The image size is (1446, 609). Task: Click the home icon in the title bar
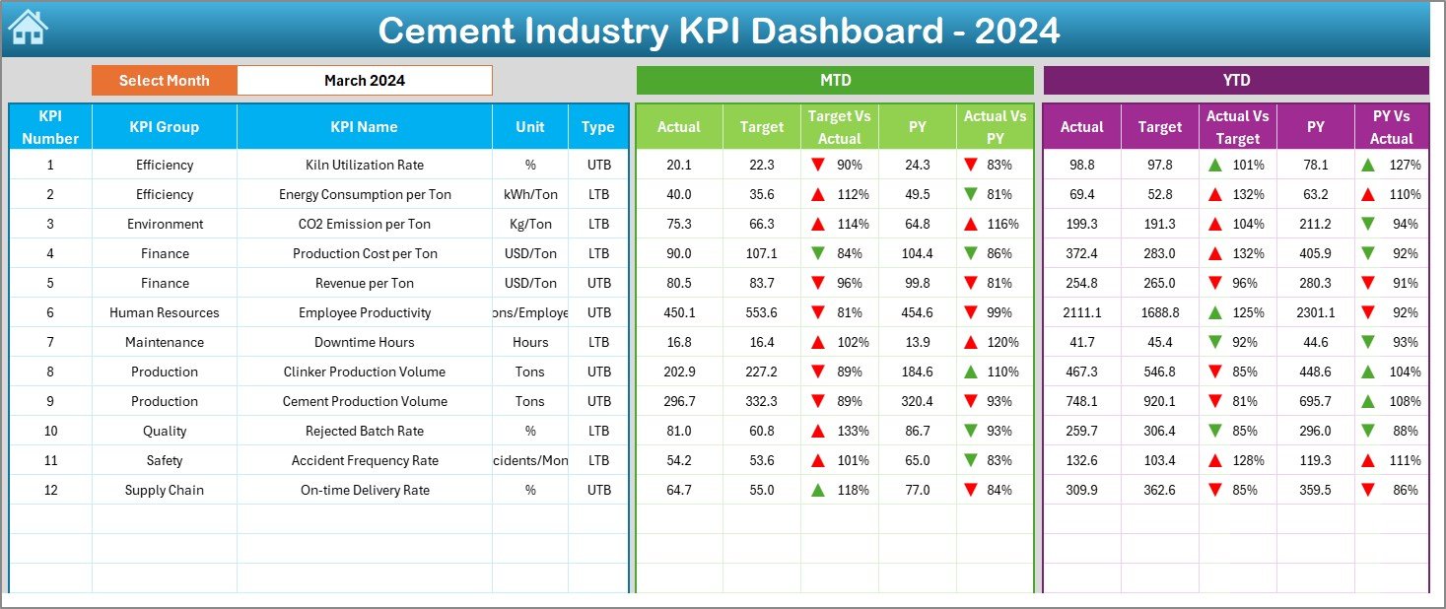point(28,28)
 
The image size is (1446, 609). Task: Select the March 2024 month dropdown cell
point(365,81)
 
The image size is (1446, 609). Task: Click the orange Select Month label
point(164,81)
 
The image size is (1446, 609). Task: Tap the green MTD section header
point(835,81)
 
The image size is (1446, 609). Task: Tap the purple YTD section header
point(1236,81)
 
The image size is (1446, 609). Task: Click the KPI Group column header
point(164,127)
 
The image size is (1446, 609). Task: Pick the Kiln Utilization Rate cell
point(365,165)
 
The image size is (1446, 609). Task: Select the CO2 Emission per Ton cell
point(365,224)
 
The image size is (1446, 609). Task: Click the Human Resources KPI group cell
point(164,312)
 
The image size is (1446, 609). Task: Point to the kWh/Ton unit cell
point(530,194)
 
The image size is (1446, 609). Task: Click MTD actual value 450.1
point(679,312)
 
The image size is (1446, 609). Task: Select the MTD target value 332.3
point(761,401)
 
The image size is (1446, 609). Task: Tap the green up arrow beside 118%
point(817,490)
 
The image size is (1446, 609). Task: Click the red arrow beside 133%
point(817,431)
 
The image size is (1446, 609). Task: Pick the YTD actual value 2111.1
point(1081,312)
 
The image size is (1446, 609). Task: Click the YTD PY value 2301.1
point(1315,312)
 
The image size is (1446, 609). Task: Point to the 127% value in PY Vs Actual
point(1406,165)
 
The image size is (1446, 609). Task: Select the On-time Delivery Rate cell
point(365,490)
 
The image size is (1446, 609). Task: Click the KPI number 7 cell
point(50,342)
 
